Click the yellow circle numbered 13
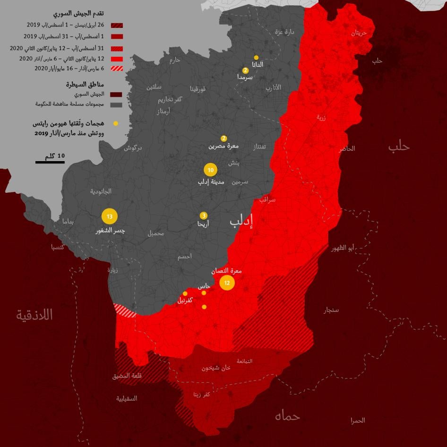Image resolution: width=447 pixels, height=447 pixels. click(x=110, y=217)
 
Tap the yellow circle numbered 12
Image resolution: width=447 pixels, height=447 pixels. click(x=227, y=283)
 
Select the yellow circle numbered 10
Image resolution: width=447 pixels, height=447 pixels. click(x=211, y=170)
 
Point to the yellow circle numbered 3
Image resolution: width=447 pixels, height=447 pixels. click(x=203, y=215)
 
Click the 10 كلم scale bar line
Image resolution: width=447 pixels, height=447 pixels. click(x=50, y=162)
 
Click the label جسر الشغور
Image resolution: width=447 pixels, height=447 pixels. click(x=110, y=232)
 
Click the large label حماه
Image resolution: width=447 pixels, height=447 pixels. click(x=287, y=416)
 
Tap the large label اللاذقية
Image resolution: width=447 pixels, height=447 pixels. click(x=34, y=315)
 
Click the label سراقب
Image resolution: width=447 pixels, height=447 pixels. click(x=267, y=200)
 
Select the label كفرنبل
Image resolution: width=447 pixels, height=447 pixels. click(x=184, y=301)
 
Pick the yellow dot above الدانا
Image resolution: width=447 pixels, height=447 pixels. click(x=256, y=57)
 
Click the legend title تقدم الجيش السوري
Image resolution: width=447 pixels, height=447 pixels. click(x=85, y=13)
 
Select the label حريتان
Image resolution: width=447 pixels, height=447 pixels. click(x=359, y=33)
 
